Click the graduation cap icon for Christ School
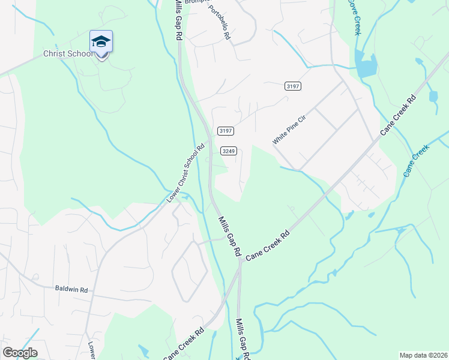[x=101, y=41]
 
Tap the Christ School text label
[x=68, y=54]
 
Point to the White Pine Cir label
[x=289, y=130]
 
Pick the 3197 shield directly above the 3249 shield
[x=226, y=131]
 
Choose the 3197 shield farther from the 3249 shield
[x=293, y=86]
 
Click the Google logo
[x=20, y=353]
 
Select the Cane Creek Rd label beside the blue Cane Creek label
[x=397, y=115]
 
